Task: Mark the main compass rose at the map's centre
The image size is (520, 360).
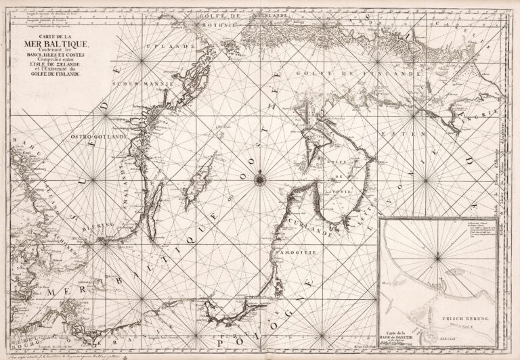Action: tap(260, 179)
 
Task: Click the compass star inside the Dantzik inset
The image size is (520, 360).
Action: tap(439, 256)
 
